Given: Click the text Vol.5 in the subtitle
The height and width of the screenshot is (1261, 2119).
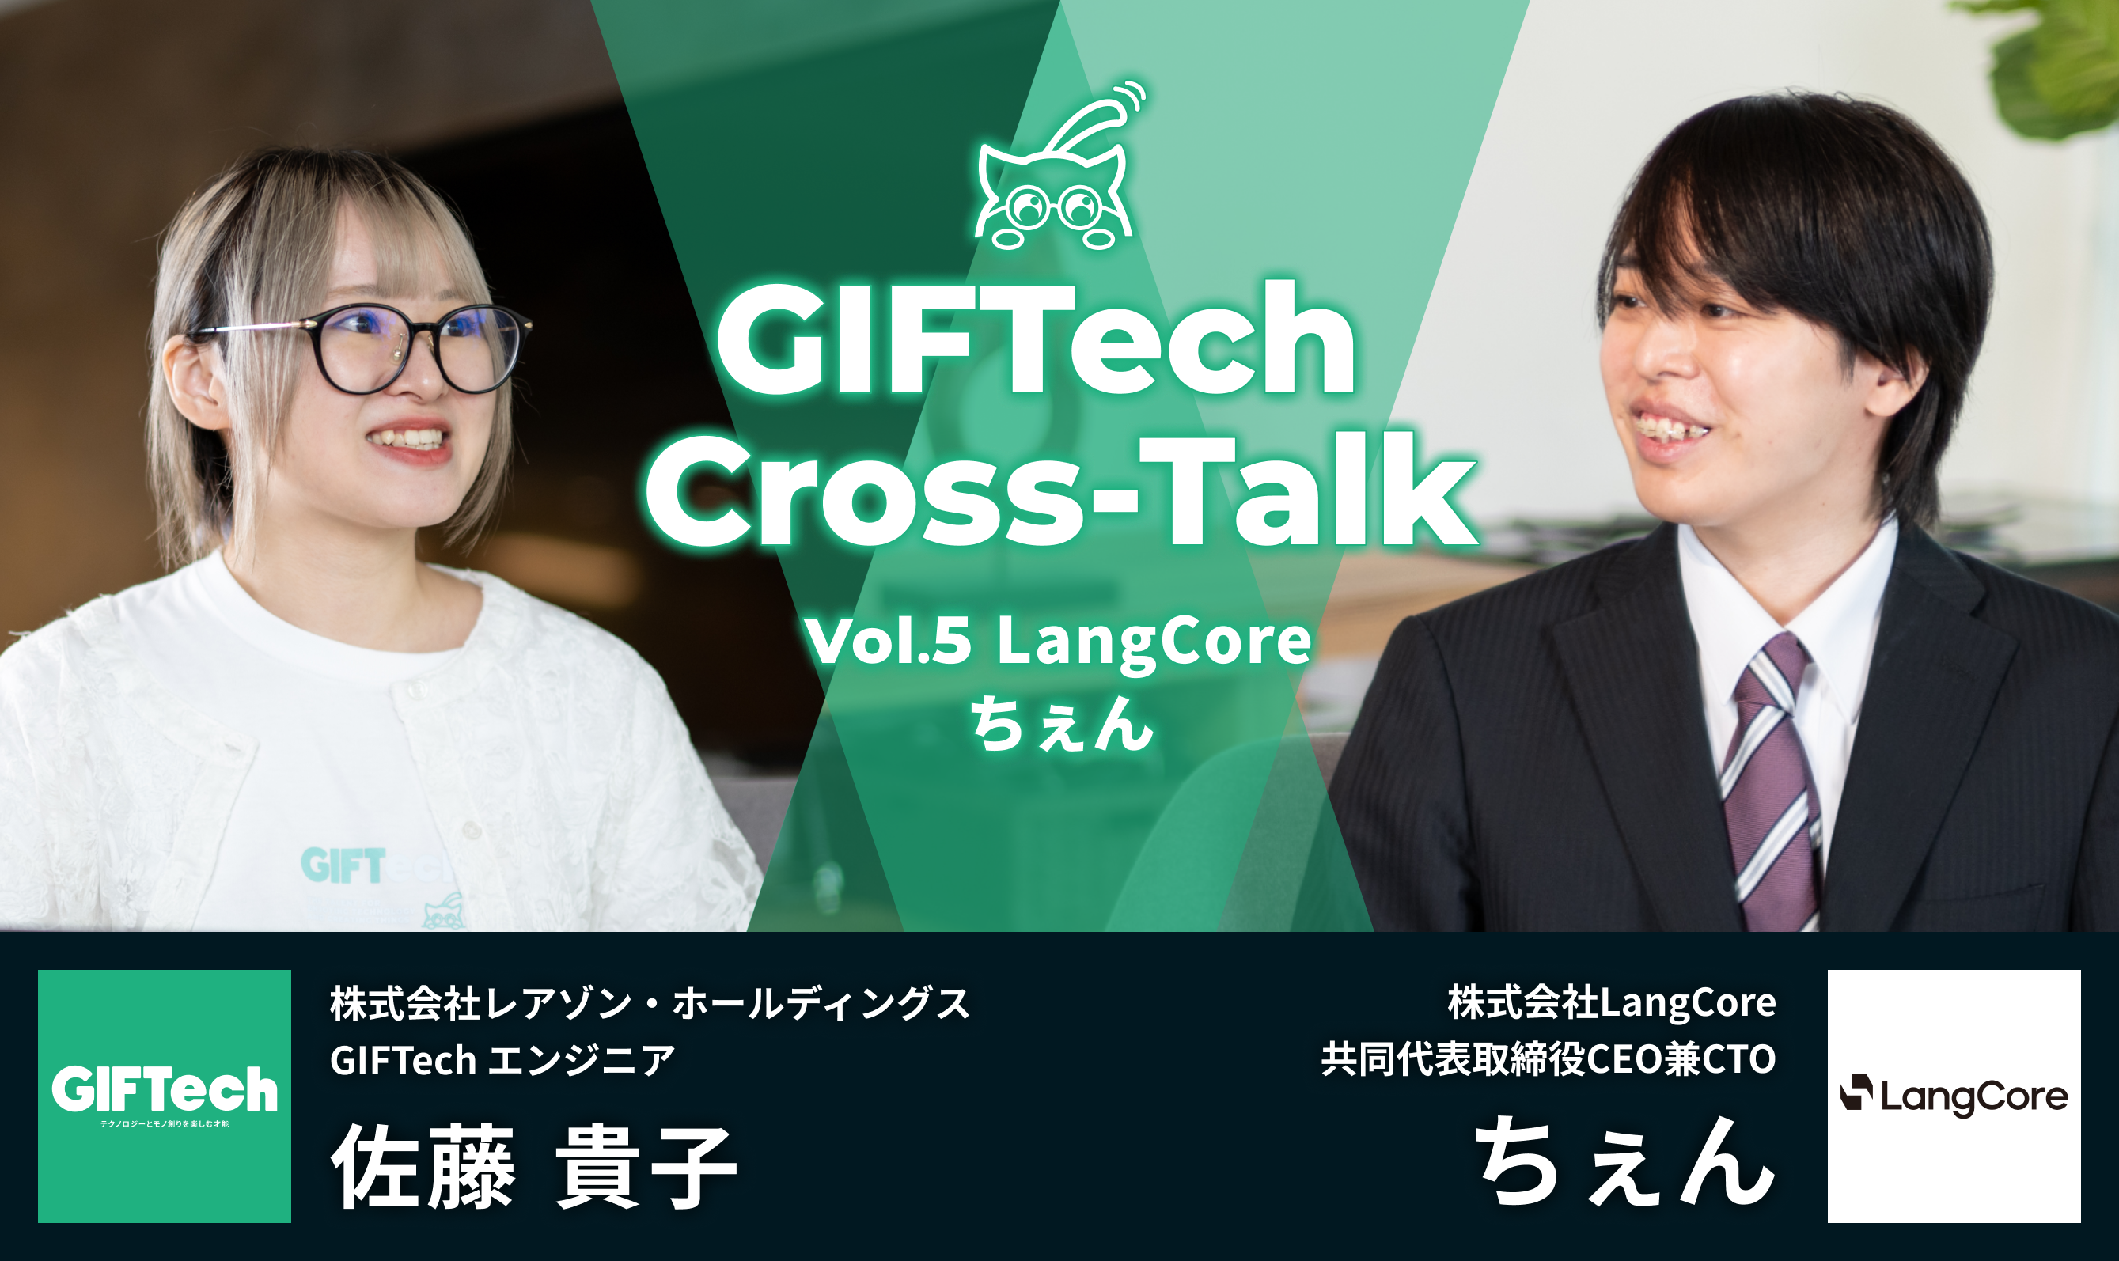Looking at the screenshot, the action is pos(887,641).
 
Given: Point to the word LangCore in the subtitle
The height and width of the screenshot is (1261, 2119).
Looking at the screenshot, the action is pos(1154,642).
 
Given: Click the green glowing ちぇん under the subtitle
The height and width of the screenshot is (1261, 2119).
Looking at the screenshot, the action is pos(1062,723).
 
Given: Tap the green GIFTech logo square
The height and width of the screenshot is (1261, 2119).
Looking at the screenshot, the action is pos(165,1096).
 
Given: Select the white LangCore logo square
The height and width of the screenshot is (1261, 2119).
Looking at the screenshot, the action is pos(1954,1096).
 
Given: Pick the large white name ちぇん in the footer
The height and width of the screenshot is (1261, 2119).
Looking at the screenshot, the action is pos(1624,1161).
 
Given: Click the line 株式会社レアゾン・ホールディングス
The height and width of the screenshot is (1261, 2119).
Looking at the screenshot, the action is pos(650,1004).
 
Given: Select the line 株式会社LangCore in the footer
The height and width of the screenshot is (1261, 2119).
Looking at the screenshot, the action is pos(1612,1004).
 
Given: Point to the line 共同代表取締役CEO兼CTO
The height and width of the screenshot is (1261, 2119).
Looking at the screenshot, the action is pos(1548,1059).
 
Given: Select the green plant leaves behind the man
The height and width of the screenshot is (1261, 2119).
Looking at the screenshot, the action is pos(2056,64).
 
